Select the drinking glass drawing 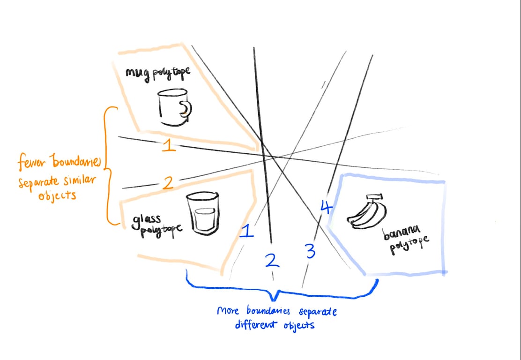coord(203,214)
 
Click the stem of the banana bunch coord(373,198)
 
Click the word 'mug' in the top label coord(136,73)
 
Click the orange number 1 coord(169,146)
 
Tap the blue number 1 coord(246,231)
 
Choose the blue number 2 coord(272,260)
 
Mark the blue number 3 coord(310,251)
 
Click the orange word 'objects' coord(57,195)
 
